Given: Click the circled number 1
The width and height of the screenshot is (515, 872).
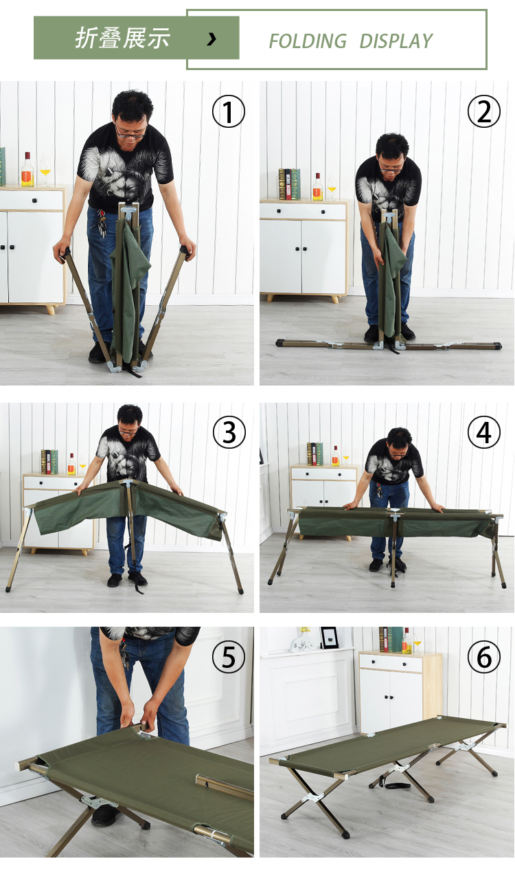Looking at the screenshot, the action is pyautogui.click(x=229, y=112).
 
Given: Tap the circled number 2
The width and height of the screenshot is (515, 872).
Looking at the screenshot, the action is pyautogui.click(x=484, y=112).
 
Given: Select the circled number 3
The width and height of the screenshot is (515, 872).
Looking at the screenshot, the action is pyautogui.click(x=229, y=432).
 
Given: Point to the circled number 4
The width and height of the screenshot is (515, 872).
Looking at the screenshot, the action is pyautogui.click(x=484, y=432).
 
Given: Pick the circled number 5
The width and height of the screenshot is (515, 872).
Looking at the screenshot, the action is pyautogui.click(x=229, y=657).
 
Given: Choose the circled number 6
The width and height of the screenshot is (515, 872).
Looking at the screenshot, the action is pyautogui.click(x=484, y=657).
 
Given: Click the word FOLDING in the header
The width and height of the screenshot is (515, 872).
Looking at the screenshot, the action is pyautogui.click(x=308, y=41).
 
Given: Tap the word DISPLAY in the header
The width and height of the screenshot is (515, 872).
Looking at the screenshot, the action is pyautogui.click(x=396, y=41).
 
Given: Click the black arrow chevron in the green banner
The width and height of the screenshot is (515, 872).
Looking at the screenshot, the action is pyautogui.click(x=211, y=38).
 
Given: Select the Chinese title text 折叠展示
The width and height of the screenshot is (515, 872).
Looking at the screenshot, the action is pyautogui.click(x=122, y=38).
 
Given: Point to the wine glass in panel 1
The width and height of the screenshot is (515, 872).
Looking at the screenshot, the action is pyautogui.click(x=45, y=173).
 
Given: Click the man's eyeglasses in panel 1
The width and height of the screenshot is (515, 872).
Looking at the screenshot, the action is pyautogui.click(x=130, y=134).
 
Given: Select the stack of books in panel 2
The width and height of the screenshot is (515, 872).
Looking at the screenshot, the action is pyautogui.click(x=289, y=184).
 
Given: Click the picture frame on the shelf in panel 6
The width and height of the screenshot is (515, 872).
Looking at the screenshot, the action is pyautogui.click(x=329, y=637).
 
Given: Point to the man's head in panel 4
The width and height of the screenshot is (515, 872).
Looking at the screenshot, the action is pyautogui.click(x=399, y=442).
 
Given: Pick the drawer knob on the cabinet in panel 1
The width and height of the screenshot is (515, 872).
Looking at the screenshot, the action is pyautogui.click(x=34, y=201).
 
